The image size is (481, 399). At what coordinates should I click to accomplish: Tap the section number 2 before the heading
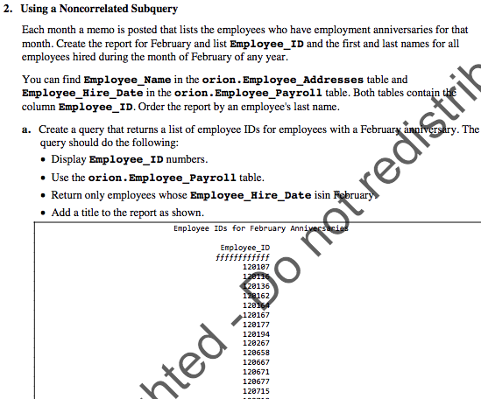(7, 9)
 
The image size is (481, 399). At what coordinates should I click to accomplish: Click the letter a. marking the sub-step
(27, 129)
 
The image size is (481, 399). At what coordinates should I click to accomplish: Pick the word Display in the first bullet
(69, 160)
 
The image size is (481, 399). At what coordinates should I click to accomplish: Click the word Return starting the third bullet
(69, 195)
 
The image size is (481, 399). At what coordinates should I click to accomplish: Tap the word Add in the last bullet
(62, 213)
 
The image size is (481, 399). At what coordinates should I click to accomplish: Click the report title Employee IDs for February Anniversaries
(260, 228)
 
